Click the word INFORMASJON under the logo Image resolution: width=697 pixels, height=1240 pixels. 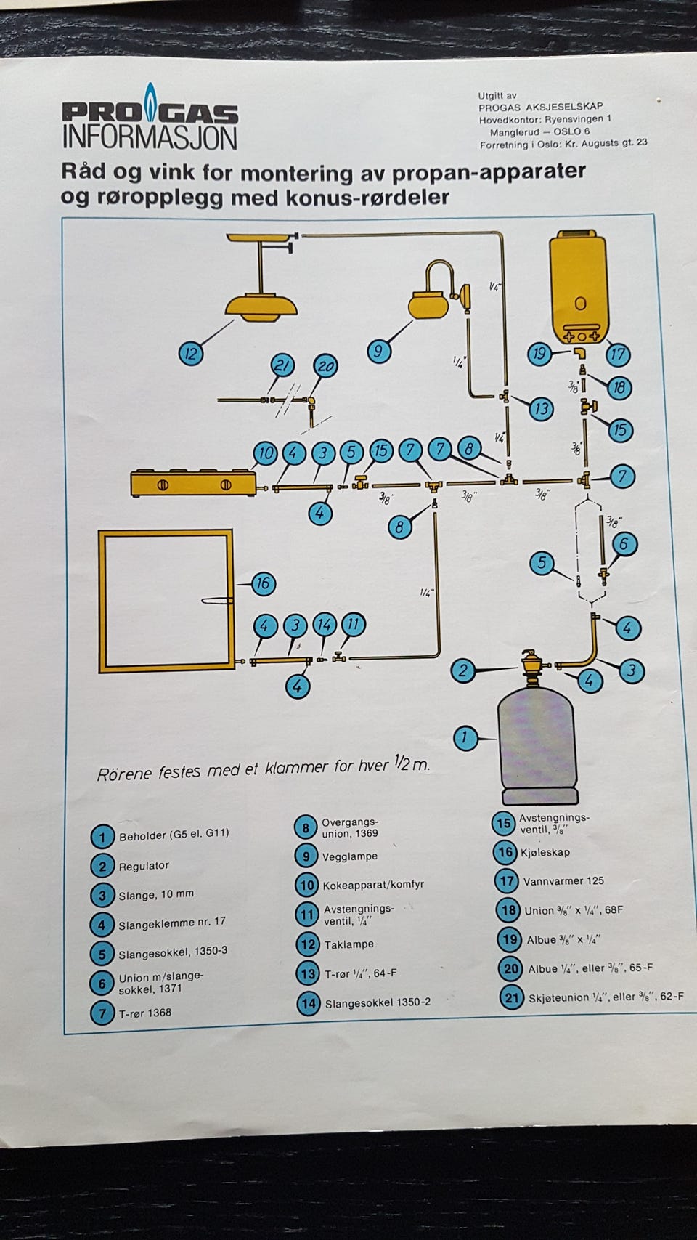point(150,137)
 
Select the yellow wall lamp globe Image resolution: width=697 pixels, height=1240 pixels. point(431,304)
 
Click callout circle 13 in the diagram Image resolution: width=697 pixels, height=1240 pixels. point(541,409)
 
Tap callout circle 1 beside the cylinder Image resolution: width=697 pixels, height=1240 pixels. point(465,739)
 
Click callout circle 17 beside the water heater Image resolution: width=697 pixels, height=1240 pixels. point(617,355)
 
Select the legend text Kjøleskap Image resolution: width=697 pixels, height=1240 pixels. point(545,852)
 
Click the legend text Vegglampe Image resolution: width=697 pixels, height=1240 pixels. point(350,856)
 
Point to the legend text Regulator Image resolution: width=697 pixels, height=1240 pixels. point(144,866)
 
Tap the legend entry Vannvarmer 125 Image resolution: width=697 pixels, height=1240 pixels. point(563,881)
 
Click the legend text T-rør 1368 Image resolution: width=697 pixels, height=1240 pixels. point(145,1013)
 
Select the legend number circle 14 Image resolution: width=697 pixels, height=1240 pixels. point(308,1003)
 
